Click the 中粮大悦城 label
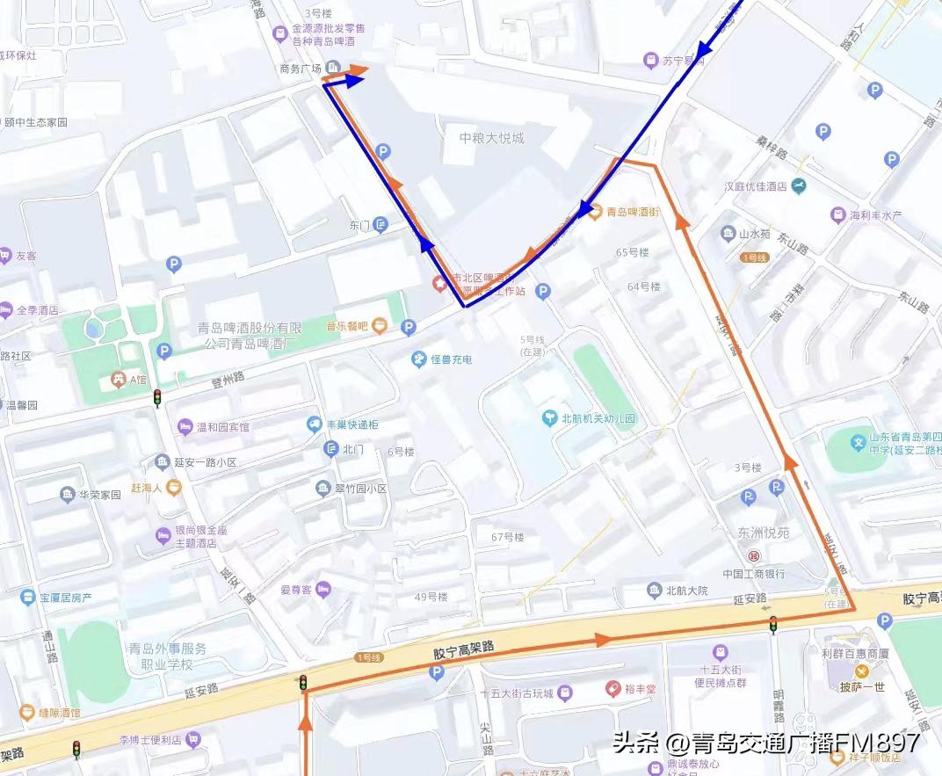click(491, 138)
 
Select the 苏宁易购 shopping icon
click(651, 61)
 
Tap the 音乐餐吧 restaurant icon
click(379, 326)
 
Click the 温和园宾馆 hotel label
click(222, 427)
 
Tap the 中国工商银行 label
click(753, 574)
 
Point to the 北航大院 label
click(686, 591)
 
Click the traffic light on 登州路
click(157, 397)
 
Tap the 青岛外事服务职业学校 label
click(168, 656)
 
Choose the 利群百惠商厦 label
click(855, 653)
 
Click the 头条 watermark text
click(637, 743)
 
